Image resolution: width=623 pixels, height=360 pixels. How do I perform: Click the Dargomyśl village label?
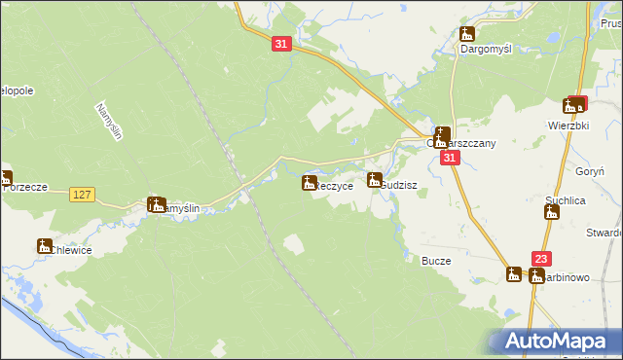[486, 47]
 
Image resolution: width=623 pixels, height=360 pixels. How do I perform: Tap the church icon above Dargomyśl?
[466, 34]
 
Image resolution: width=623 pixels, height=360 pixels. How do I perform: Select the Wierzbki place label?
[569, 125]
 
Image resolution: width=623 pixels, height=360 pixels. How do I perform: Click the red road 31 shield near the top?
[280, 45]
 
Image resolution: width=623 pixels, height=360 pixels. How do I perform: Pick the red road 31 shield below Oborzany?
[449, 158]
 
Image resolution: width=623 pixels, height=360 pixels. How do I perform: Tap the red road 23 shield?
[542, 259]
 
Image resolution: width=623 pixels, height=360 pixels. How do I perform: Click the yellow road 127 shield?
[82, 195]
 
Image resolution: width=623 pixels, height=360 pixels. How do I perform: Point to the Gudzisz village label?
[400, 184]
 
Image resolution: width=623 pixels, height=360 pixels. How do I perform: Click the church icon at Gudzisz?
[375, 179]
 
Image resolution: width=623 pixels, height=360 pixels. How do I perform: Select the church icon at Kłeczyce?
[310, 182]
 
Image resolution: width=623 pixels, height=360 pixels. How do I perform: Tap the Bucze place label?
[435, 261]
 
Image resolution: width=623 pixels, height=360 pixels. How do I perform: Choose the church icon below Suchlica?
[552, 212]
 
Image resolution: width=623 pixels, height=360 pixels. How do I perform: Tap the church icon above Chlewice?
[44, 246]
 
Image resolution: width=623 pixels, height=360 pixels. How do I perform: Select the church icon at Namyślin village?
[156, 204]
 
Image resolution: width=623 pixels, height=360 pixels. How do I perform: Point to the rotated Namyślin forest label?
[107, 122]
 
